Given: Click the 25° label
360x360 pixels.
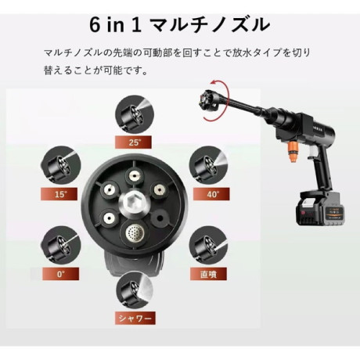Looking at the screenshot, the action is [133, 142].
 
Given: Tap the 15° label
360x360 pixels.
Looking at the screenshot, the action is [59, 194].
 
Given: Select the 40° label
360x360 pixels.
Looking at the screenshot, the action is [211, 194].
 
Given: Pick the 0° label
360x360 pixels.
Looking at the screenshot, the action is [60, 274].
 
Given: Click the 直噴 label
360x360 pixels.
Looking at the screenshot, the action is [208, 274].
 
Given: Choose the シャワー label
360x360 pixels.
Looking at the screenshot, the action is [135, 318].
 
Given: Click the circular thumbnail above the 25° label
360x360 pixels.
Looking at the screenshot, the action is [135, 114].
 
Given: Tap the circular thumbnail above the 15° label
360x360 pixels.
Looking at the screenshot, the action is [60, 166].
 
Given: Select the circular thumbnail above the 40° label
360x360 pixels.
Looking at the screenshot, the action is [209, 166].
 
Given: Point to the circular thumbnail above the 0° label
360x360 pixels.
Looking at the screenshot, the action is [60, 246].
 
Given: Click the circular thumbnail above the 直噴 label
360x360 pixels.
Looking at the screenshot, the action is [209, 246].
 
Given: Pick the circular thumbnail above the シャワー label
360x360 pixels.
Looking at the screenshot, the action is [135, 290].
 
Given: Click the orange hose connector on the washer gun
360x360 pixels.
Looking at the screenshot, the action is [292, 152].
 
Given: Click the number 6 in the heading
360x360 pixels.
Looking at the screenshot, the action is [95, 25].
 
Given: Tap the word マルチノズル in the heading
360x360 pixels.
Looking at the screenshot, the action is [211, 25].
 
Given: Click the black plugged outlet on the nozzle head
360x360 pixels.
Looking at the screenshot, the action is [160, 218].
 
